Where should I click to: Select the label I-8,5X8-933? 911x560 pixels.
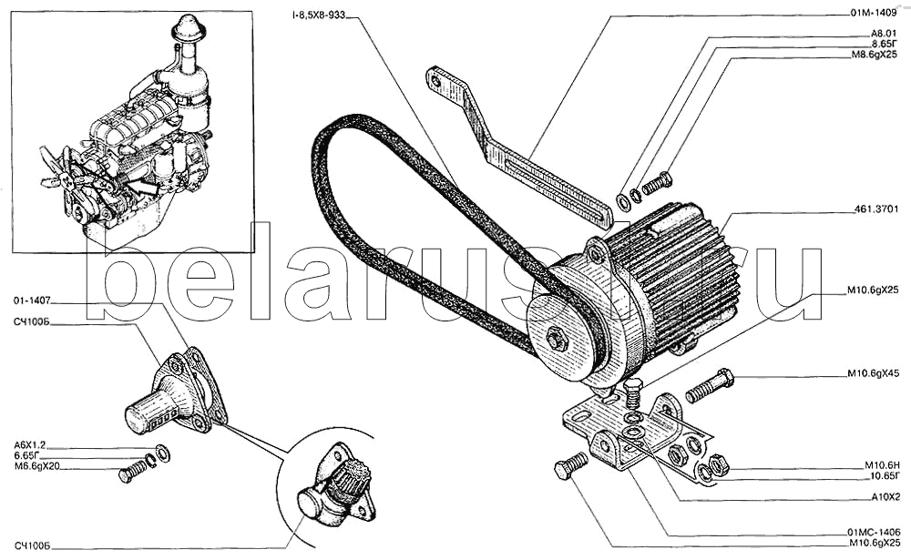click(x=319, y=16)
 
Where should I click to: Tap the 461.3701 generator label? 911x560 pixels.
click(x=877, y=209)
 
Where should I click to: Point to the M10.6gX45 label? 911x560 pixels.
click(x=874, y=373)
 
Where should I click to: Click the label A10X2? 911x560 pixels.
click(x=885, y=498)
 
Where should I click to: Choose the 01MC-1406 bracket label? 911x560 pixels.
click(x=874, y=532)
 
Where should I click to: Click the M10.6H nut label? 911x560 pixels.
click(x=882, y=465)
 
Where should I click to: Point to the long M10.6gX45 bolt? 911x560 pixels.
click(x=710, y=385)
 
